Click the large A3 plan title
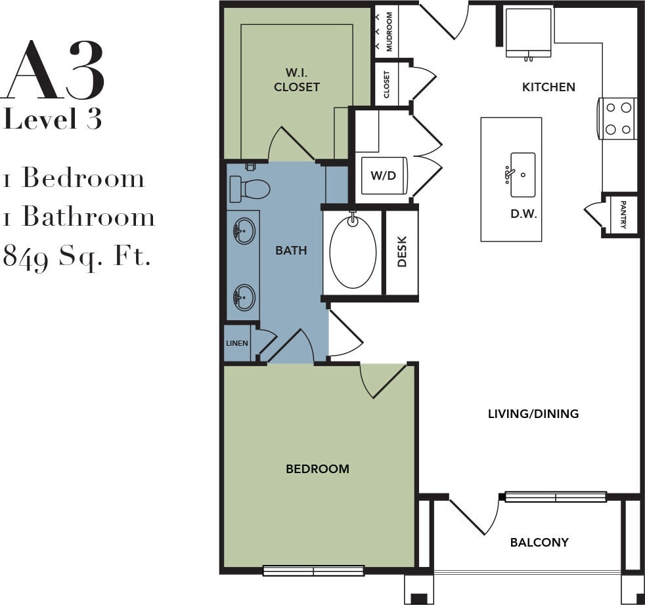pos(55,70)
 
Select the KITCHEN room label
pos(548,87)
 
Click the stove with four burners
pos(617,118)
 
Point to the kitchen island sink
pos(522,175)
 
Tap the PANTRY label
pos(623,215)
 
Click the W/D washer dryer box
pos(384,176)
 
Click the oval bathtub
pos(353,252)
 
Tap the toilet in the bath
pos(250,189)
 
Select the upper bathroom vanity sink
pos(244,231)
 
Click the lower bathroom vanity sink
pos(244,297)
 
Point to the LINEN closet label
pos(237,343)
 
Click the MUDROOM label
pos(389,31)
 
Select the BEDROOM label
pos(317,469)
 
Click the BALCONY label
pos(539,542)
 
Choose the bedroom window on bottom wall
pos(313,570)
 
